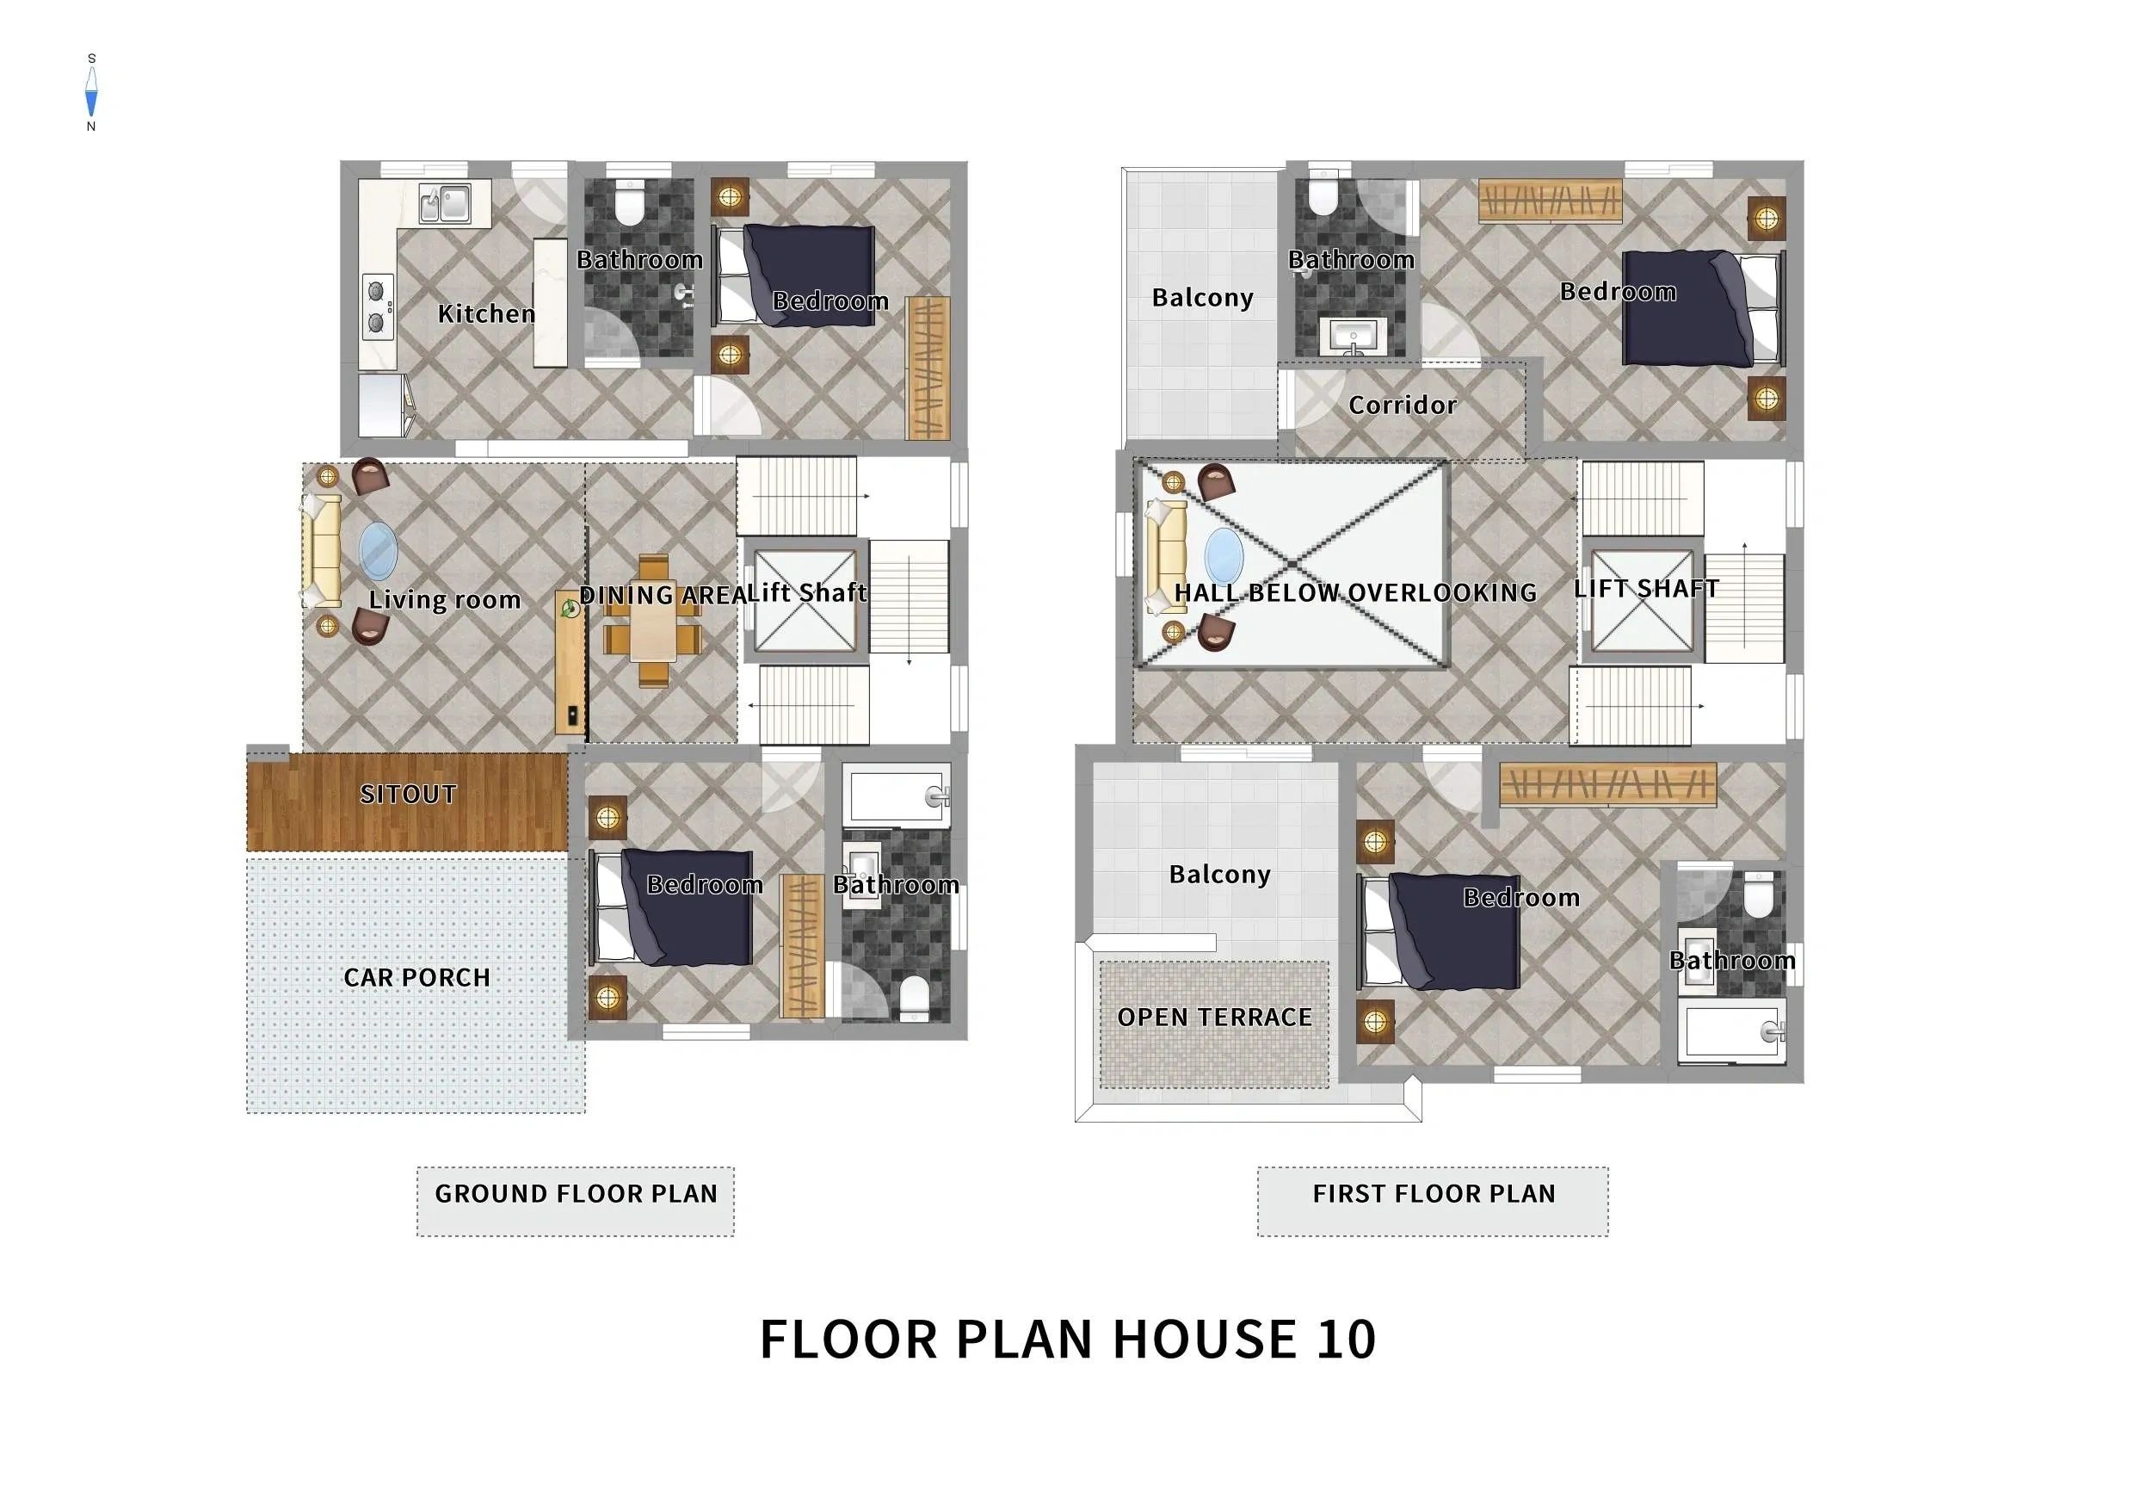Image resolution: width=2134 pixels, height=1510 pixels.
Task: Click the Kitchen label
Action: pyautogui.click(x=486, y=313)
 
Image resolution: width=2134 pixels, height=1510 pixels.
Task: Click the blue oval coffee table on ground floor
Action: pyautogui.click(x=379, y=551)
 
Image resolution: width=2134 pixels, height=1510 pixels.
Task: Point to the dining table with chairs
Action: pyautogui.click(x=652, y=621)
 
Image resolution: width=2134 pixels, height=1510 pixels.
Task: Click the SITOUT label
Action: pyautogui.click(x=408, y=794)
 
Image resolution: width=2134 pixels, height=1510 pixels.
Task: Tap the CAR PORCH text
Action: pyautogui.click(x=416, y=977)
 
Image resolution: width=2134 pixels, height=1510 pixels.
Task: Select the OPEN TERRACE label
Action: pyautogui.click(x=1215, y=1018)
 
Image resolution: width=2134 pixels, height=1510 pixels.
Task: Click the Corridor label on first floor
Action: pyautogui.click(x=1403, y=405)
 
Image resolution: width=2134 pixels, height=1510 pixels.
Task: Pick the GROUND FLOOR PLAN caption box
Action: pyautogui.click(x=576, y=1201)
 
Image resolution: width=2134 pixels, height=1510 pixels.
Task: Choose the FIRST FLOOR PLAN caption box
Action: pyautogui.click(x=1432, y=1201)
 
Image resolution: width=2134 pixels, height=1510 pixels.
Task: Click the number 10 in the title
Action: pyautogui.click(x=1346, y=1339)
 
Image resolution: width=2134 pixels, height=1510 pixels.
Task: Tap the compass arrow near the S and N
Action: pyautogui.click(x=91, y=92)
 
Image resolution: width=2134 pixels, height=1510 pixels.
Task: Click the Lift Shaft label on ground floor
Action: pyautogui.click(x=808, y=592)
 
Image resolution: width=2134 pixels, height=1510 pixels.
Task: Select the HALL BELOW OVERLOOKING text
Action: pyautogui.click(x=1355, y=592)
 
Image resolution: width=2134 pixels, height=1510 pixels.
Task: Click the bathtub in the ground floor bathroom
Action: pyautogui.click(x=896, y=795)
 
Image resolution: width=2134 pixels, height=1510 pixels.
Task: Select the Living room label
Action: pyautogui.click(x=444, y=600)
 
